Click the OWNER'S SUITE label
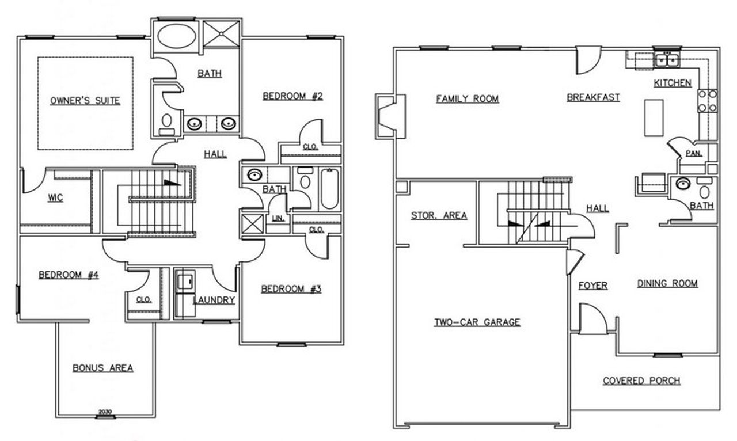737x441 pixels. click(85, 101)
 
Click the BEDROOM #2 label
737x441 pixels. click(292, 96)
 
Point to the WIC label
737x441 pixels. click(55, 198)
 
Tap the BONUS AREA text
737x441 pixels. click(103, 368)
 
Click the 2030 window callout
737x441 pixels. click(104, 412)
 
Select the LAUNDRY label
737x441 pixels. click(214, 300)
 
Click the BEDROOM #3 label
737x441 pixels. click(290, 289)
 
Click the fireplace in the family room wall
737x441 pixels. click(386, 116)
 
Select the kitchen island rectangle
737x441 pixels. click(654, 117)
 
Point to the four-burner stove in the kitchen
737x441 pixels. click(707, 101)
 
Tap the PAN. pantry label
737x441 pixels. click(693, 153)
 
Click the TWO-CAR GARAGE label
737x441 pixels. click(477, 322)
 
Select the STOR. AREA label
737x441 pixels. click(439, 216)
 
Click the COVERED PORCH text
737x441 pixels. click(641, 381)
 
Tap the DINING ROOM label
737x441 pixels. click(667, 283)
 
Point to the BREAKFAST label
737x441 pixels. click(593, 98)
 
